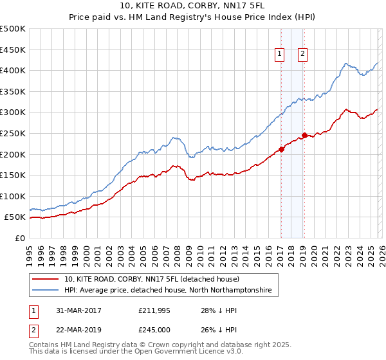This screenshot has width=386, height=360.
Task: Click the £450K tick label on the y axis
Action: [x=13, y=50]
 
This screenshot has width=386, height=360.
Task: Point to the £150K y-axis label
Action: [x=13, y=175]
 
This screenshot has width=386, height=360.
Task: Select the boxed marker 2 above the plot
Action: [x=302, y=55]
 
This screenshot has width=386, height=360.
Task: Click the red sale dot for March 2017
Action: [x=281, y=150]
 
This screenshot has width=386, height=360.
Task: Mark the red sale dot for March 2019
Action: [x=304, y=135]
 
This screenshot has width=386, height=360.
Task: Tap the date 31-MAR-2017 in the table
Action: [x=78, y=311]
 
